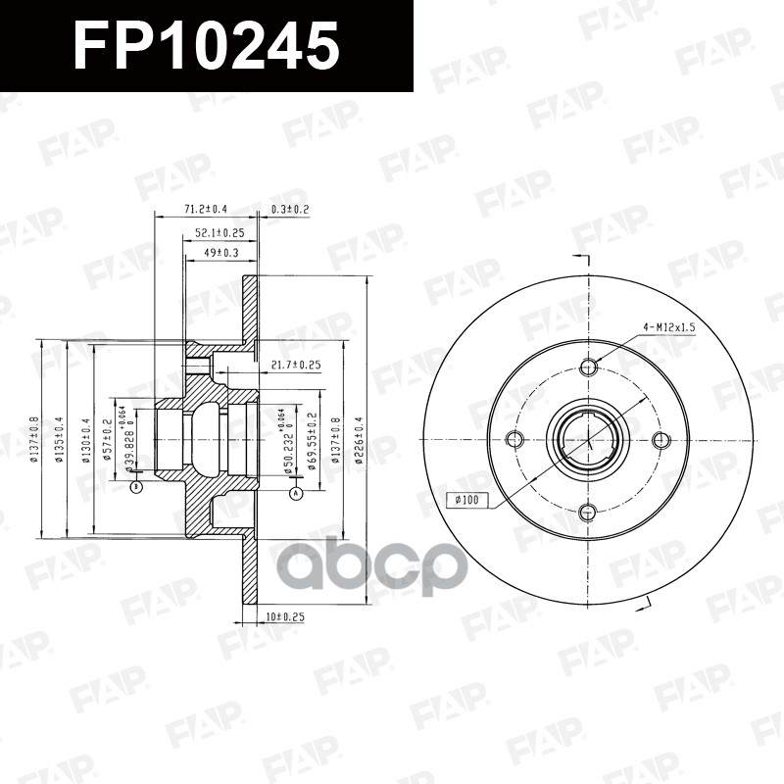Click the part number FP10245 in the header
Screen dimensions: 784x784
207,45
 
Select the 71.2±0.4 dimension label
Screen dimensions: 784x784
205,210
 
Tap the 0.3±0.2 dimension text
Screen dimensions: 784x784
290,210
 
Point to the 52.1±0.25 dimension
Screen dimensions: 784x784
219,233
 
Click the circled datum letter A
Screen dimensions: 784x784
295,494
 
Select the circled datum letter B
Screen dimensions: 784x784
136,487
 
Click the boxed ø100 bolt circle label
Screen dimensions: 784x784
467,501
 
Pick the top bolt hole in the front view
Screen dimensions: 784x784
588,367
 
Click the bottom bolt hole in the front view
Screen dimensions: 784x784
588,511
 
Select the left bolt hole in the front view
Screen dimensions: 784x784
516,439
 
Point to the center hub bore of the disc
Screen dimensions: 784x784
588,439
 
